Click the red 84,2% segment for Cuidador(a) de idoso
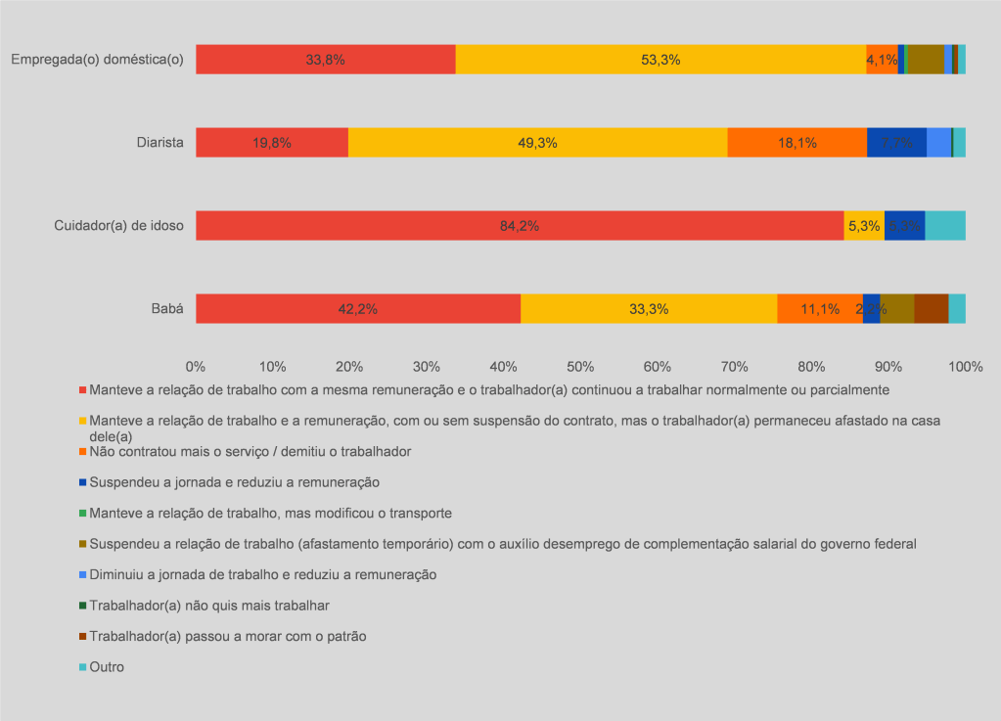coord(520,225)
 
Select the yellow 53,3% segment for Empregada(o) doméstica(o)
coord(660,60)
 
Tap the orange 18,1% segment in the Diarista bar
coord(797,143)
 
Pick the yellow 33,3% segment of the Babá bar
coord(649,308)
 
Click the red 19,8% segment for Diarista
coord(272,143)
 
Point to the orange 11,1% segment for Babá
coord(820,308)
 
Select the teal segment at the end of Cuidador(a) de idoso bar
coord(945,225)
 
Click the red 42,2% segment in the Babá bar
coord(358,308)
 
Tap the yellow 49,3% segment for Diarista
coord(537,143)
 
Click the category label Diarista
coord(159,143)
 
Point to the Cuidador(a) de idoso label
coord(118,226)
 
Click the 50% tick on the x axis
coord(580,366)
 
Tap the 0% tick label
coord(196,366)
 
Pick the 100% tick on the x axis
coord(965,366)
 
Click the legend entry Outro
coord(107,667)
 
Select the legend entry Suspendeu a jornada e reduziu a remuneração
coord(234,482)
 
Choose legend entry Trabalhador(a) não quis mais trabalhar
coord(208,606)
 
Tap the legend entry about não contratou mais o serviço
coord(250,452)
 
